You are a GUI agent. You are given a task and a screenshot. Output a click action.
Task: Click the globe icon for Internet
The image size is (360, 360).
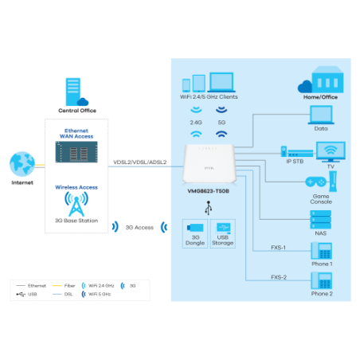point(22,164)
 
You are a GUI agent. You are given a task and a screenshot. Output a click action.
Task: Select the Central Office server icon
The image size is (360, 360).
point(77,92)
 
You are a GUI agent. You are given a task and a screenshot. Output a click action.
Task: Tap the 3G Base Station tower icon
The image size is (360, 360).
point(76,204)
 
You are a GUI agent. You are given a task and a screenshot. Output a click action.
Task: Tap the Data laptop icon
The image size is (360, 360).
point(321,115)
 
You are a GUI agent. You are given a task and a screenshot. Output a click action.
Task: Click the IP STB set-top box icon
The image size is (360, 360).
point(296,151)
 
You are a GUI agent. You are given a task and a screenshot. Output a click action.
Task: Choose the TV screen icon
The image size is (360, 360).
point(331,151)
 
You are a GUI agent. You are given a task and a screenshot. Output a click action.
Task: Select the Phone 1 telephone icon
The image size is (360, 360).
point(322,250)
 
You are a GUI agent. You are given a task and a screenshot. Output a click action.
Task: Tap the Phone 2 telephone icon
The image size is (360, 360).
point(322,280)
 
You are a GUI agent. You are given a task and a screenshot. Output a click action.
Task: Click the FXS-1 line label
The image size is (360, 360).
point(278,247)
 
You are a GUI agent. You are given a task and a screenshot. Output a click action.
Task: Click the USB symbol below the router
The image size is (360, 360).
point(209,207)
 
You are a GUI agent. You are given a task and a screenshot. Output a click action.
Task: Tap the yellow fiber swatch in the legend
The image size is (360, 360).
point(57,284)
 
